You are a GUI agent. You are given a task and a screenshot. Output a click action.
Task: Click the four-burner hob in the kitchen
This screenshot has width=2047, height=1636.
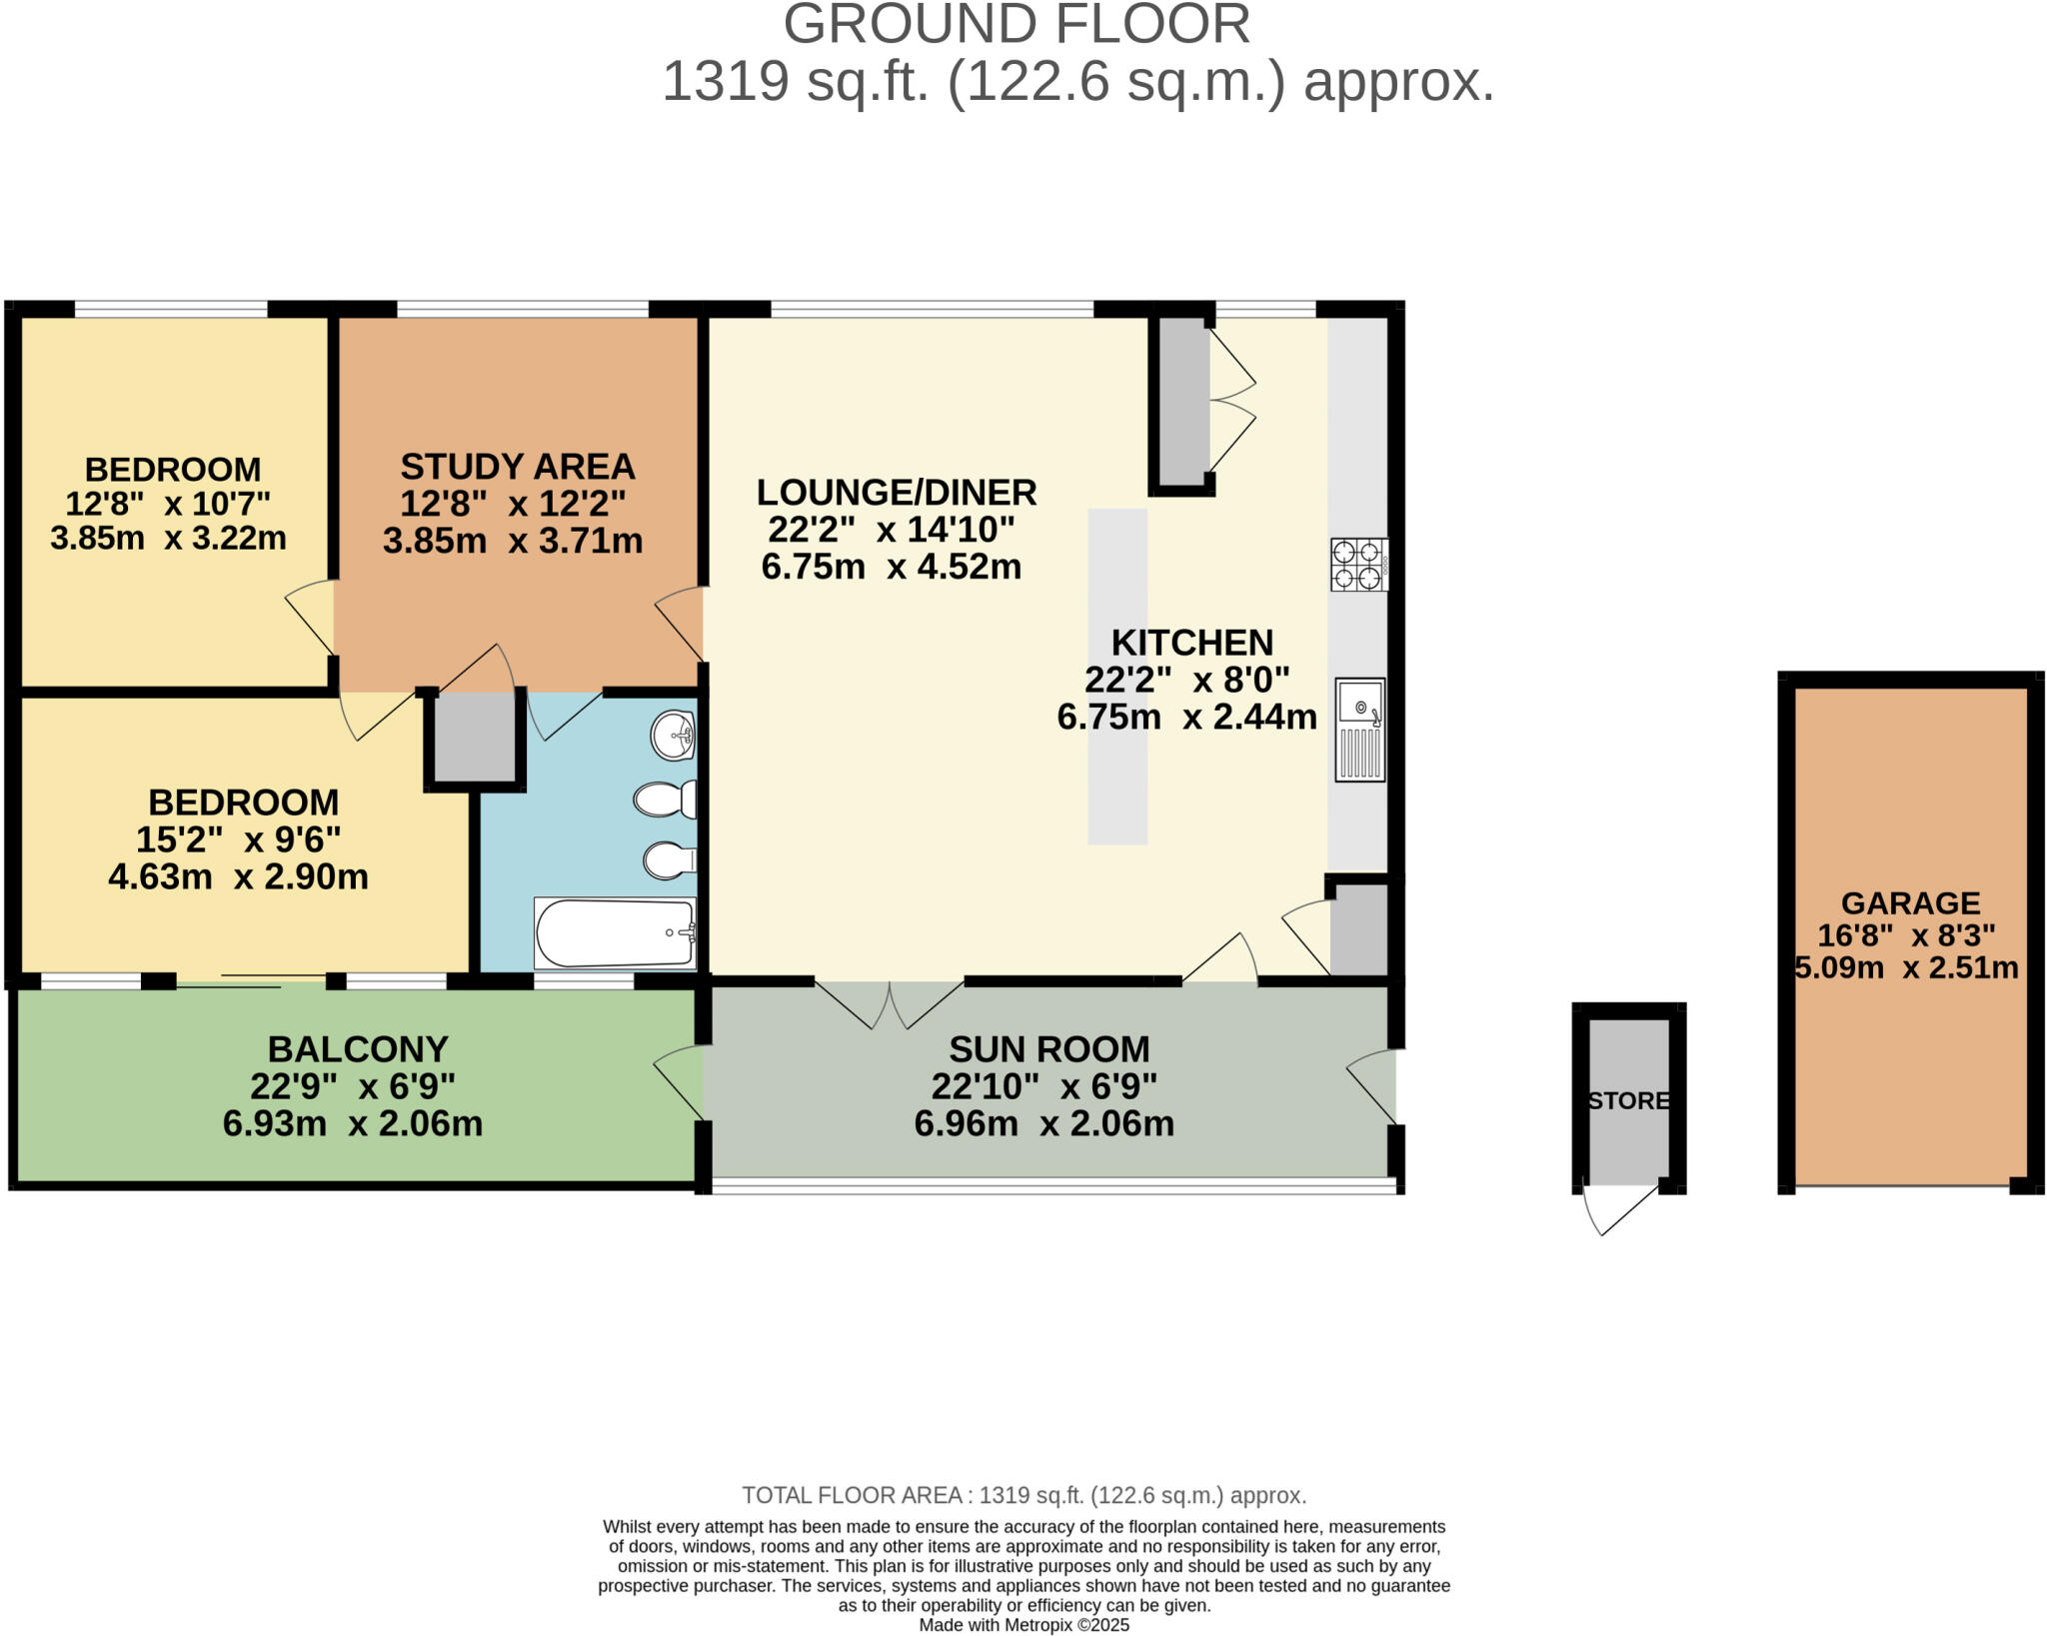point(1358,565)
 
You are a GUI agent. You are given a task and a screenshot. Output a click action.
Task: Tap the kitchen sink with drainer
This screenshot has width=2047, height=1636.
point(1359,730)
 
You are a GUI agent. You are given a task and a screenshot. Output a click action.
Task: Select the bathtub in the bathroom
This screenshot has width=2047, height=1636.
point(615,933)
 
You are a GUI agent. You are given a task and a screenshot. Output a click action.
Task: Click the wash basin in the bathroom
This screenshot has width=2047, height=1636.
point(673,737)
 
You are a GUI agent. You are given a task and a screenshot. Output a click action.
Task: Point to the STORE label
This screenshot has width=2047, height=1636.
point(1628,1100)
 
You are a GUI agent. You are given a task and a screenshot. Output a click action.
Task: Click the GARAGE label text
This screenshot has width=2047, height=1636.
point(1910,903)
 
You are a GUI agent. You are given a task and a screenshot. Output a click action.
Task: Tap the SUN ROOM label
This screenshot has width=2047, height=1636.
point(1048,1049)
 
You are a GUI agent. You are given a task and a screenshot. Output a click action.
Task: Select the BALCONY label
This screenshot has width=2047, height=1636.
point(358,1049)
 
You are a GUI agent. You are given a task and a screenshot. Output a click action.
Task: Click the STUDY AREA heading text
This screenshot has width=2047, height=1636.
point(518,467)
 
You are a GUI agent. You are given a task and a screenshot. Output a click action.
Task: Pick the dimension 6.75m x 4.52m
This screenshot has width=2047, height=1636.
point(891,567)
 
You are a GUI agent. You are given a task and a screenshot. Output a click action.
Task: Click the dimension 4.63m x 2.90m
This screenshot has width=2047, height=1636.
point(238,876)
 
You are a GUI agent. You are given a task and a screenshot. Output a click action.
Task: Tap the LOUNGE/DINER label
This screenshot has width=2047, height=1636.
point(897,493)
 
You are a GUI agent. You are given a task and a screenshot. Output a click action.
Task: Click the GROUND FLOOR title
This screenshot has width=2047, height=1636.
point(1017,24)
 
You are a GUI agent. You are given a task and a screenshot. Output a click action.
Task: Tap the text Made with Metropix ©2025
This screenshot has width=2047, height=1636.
point(1023,1625)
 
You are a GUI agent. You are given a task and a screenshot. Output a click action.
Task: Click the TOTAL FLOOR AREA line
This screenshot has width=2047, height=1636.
point(1023,1495)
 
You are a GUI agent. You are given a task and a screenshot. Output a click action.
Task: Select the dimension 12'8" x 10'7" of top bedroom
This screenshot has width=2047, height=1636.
point(168,503)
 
